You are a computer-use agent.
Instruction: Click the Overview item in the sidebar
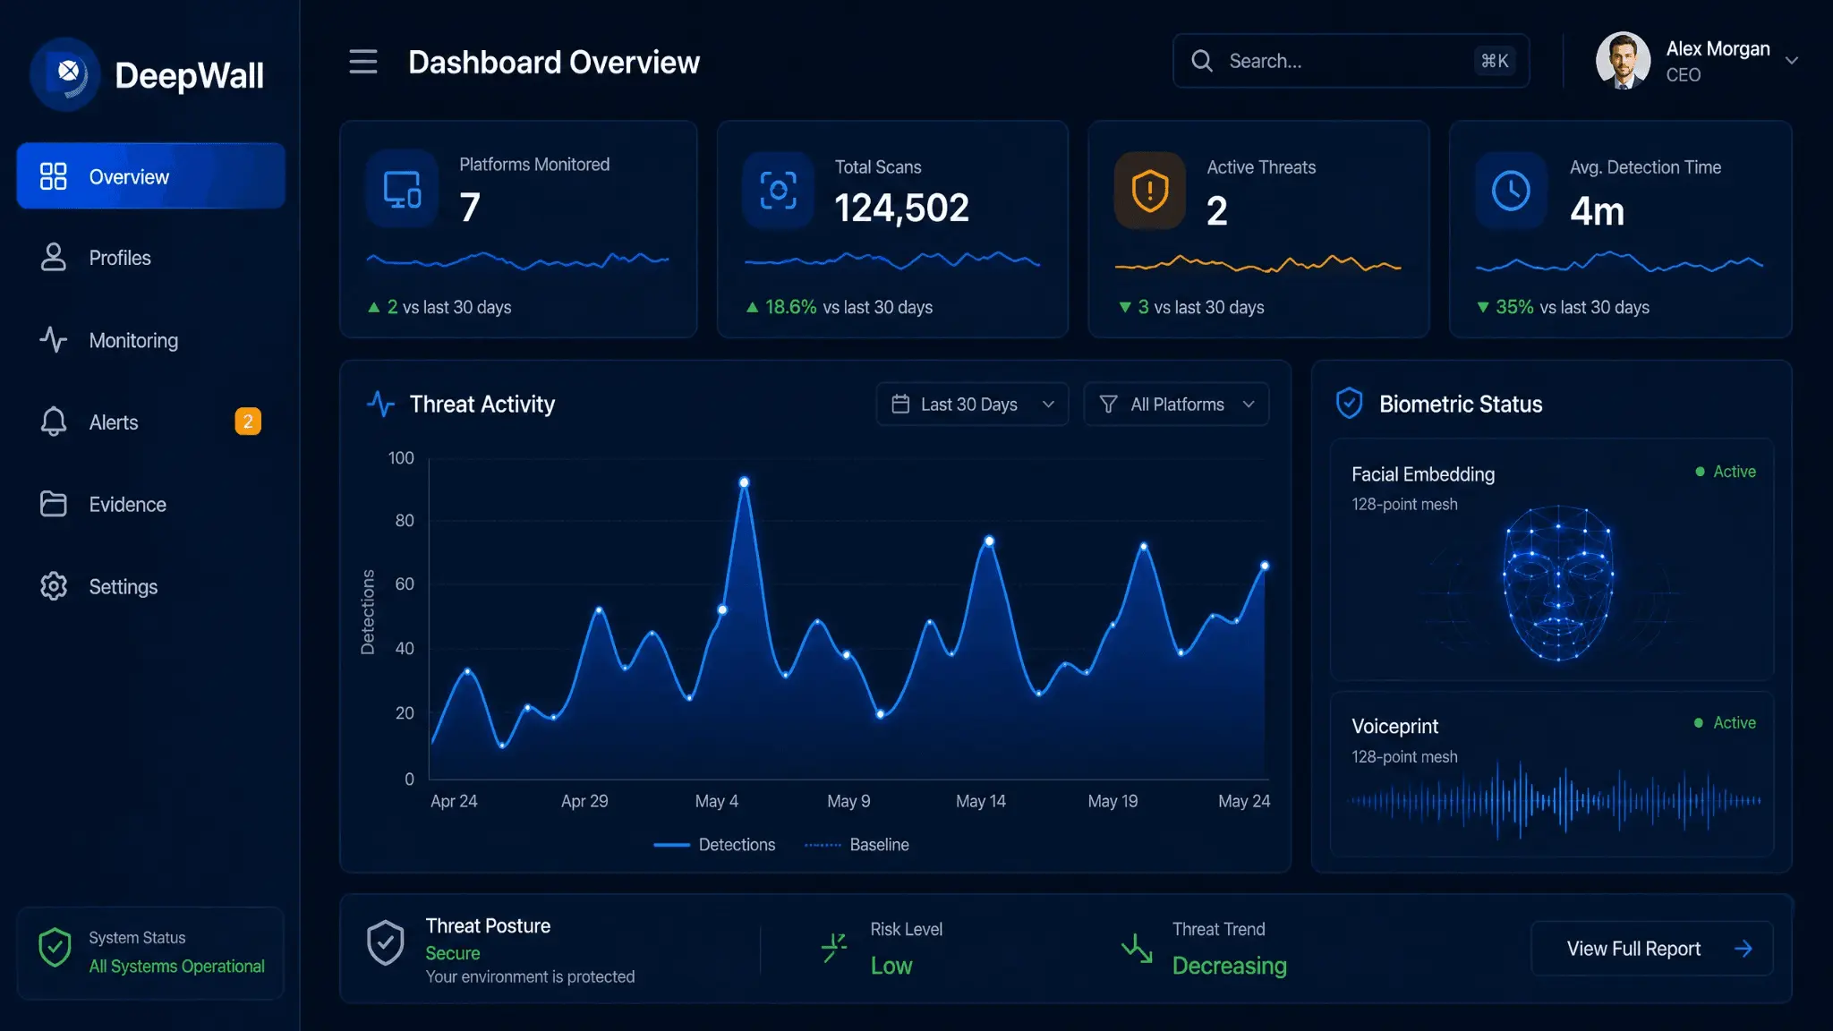(x=150, y=176)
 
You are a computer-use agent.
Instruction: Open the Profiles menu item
(x=120, y=258)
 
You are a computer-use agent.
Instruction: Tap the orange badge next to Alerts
(x=248, y=422)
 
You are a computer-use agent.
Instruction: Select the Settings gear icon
(x=54, y=586)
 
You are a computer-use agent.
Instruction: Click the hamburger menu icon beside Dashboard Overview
(x=363, y=62)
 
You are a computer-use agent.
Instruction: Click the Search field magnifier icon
(x=1202, y=61)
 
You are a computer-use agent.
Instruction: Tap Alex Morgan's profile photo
(x=1623, y=61)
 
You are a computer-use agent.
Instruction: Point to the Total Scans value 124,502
(x=901, y=208)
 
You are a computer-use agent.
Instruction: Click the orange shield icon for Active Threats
(x=1150, y=191)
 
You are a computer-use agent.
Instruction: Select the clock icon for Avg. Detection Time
(x=1511, y=191)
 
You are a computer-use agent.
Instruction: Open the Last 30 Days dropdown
(x=973, y=405)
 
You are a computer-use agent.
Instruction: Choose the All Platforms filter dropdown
(x=1176, y=405)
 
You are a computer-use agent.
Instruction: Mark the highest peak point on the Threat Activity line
(x=744, y=482)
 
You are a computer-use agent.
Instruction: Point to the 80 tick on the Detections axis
(x=405, y=521)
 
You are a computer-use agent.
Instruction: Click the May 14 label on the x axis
(x=980, y=801)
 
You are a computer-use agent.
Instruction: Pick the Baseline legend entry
(x=857, y=845)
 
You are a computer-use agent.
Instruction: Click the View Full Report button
(x=1652, y=949)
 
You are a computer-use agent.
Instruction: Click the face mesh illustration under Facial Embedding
(x=1558, y=583)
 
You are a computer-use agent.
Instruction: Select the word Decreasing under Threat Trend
(x=1230, y=966)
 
